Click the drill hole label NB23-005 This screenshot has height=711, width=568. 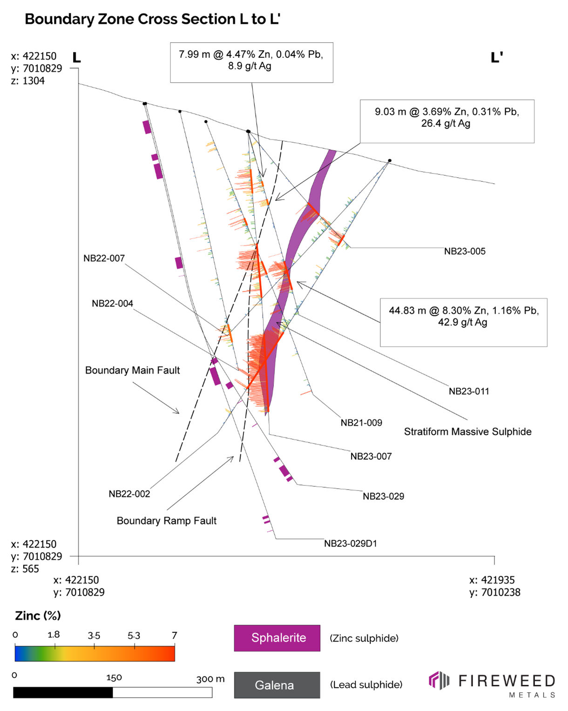click(x=464, y=251)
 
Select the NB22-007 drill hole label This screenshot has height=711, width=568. click(x=104, y=258)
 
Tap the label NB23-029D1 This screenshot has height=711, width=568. click(x=350, y=543)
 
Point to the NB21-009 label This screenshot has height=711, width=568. click(x=361, y=423)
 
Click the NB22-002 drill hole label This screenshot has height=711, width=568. click(x=129, y=494)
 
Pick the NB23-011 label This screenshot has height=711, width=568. click(x=468, y=391)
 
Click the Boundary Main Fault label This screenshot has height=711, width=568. click(x=132, y=370)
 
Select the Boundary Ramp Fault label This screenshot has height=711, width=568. click(x=166, y=521)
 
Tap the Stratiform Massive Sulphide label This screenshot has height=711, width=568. click(x=467, y=432)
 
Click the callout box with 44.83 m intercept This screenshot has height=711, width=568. click(x=463, y=322)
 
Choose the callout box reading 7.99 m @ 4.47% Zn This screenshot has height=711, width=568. click(x=251, y=62)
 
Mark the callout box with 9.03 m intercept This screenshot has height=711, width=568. click(x=446, y=121)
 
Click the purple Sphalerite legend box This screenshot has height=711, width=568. click(x=277, y=638)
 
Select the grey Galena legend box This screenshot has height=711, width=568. click(x=277, y=685)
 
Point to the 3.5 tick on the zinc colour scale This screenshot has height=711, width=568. click(x=94, y=636)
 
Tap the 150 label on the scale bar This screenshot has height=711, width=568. click(x=114, y=677)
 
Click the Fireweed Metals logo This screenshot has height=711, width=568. click(x=492, y=684)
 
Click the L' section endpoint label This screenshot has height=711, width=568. click(x=497, y=58)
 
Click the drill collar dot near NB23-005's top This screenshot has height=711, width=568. click(x=390, y=161)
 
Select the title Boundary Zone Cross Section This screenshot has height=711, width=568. click(x=152, y=19)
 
